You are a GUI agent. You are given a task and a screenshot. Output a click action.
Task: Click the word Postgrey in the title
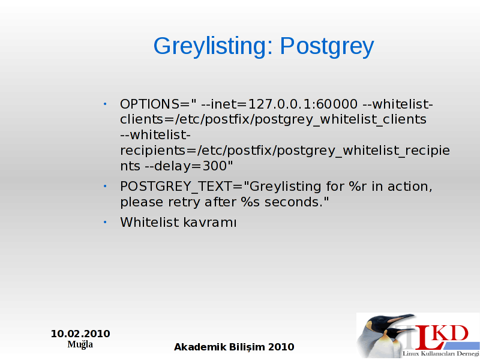coord(327,47)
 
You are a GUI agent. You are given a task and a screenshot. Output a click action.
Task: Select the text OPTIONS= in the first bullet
coord(155,104)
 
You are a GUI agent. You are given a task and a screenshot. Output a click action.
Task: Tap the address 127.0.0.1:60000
coord(302,104)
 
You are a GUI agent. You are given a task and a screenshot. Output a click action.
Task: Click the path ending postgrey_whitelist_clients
coord(301,119)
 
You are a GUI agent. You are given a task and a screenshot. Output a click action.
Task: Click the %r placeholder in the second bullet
coord(358,187)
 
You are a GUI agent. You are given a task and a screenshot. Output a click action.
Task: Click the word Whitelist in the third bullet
coord(149,222)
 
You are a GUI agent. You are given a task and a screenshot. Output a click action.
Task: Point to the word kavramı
coord(210,223)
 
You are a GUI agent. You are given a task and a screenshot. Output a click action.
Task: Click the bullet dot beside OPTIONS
coord(105,104)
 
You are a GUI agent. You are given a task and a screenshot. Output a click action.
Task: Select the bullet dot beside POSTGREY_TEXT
coord(105,186)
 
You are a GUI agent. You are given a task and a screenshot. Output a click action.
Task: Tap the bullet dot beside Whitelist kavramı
coord(105,222)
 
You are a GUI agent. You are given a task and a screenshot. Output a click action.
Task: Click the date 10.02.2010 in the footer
coord(80,334)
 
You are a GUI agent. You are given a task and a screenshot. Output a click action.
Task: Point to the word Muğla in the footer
coord(80,344)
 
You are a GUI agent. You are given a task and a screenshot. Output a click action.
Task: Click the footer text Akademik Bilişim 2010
coord(234,347)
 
